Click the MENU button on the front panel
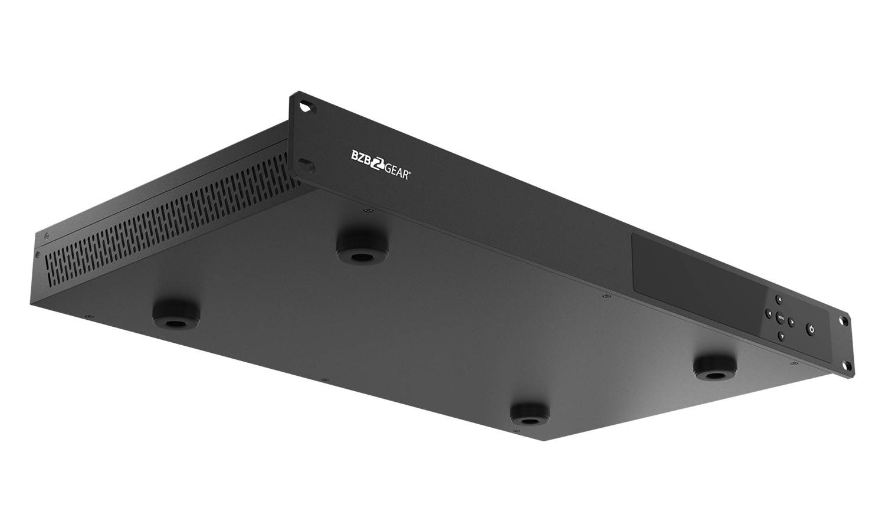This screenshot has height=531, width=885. click(x=779, y=320)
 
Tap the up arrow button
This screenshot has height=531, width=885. click(x=778, y=299)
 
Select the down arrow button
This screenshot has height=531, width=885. click(x=781, y=336)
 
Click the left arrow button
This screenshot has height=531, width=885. click(x=769, y=314)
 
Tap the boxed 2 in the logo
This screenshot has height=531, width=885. click(x=375, y=164)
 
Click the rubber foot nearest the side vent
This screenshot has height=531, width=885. click(x=175, y=314)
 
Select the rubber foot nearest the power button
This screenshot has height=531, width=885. click(x=715, y=367)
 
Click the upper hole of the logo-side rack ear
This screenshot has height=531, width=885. click(x=306, y=107)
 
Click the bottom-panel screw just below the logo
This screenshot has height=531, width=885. click(x=367, y=209)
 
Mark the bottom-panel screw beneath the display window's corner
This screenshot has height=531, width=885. click(x=605, y=296)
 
